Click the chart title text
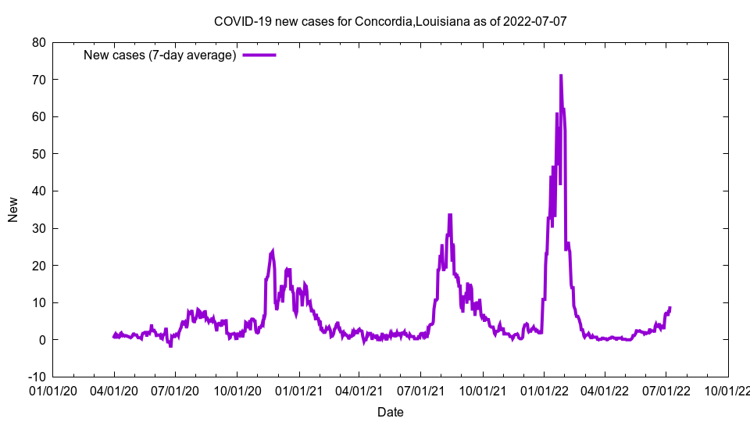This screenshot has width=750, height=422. (x=390, y=21)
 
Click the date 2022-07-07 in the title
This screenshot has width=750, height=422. (x=535, y=21)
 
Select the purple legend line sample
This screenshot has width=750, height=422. (x=259, y=55)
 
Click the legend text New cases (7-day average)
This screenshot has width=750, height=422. (x=160, y=55)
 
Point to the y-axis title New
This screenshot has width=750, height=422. (x=13, y=209)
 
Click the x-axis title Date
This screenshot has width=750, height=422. (x=390, y=412)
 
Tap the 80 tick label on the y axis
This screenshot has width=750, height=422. (x=38, y=42)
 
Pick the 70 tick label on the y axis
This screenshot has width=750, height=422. (x=38, y=80)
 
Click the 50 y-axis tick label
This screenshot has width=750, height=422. (x=38, y=154)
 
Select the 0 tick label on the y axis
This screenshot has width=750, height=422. (x=41, y=340)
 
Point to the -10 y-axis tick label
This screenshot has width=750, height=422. (x=36, y=377)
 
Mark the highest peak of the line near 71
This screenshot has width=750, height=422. (x=560, y=76)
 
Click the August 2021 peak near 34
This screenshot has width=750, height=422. (x=450, y=214)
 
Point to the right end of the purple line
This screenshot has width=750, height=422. (x=670, y=308)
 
